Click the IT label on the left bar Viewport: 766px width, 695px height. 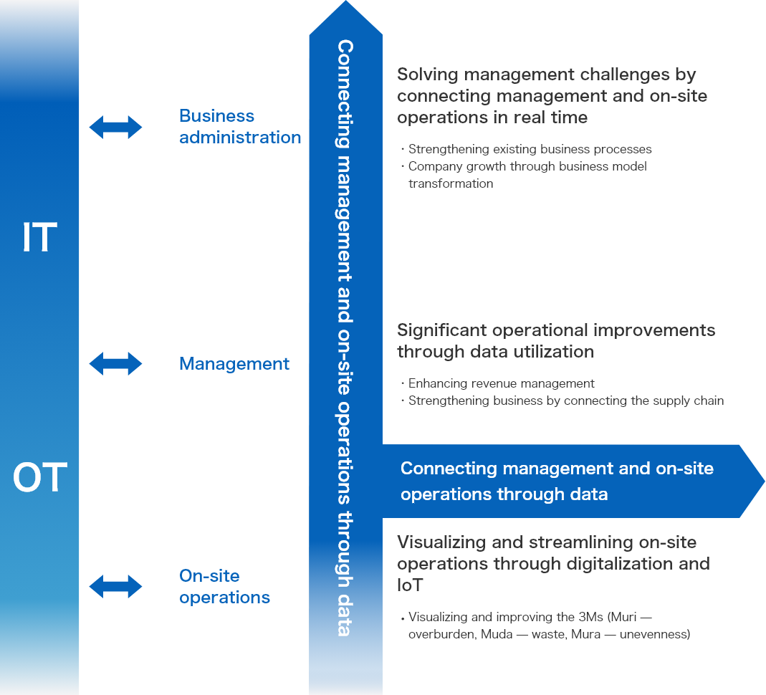[39, 238]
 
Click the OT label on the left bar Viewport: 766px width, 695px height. [39, 478]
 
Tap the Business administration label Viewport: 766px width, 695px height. [239, 127]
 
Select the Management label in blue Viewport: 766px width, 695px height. [234, 364]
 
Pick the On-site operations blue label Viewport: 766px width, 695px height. [224, 587]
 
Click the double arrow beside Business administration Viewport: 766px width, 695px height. [115, 128]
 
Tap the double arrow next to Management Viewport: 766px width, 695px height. [115, 363]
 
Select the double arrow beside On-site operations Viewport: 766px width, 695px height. [115, 586]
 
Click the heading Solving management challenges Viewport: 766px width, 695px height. [552, 96]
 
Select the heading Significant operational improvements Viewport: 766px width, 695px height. [556, 341]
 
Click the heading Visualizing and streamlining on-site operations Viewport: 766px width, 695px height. [553, 553]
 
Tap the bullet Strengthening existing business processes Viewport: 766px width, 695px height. [530, 149]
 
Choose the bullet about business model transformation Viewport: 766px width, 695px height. [527, 175]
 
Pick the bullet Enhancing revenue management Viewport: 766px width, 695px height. [501, 383]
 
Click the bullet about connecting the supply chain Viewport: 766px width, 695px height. [565, 401]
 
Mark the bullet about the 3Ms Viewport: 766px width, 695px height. [548, 625]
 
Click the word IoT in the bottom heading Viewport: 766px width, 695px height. [410, 585]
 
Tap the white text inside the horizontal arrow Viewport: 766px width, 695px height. [556, 481]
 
